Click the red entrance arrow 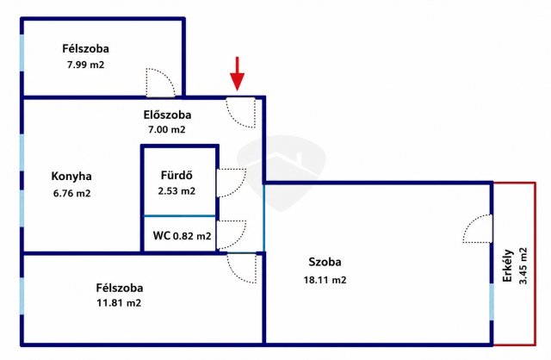coord(238,74)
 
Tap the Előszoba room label coord(167,115)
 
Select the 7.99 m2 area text coord(86,65)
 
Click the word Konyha coord(71,176)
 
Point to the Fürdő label coord(176,175)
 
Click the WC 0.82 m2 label coord(182,235)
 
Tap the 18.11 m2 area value coord(325,280)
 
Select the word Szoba coord(325,262)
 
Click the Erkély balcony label coord(508,266)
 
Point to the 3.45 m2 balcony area coord(523,266)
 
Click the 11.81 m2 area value coord(119,302)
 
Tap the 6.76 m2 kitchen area coord(72,193)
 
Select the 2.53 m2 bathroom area coord(176,191)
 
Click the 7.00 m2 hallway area coord(166,129)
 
